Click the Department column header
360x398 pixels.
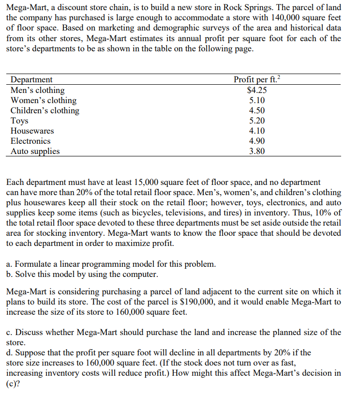(31, 80)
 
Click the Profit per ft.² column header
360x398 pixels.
(256, 80)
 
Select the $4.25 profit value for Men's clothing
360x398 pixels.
(256, 90)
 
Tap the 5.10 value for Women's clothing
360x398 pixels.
(257, 100)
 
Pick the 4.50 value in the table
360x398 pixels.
(257, 110)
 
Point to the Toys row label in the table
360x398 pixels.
(19, 121)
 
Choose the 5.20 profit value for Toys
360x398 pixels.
(257, 121)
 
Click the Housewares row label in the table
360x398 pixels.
(32, 131)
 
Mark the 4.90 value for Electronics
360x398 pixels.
(257, 141)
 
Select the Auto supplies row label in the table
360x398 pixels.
(35, 151)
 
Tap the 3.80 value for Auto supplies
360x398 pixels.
(257, 151)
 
